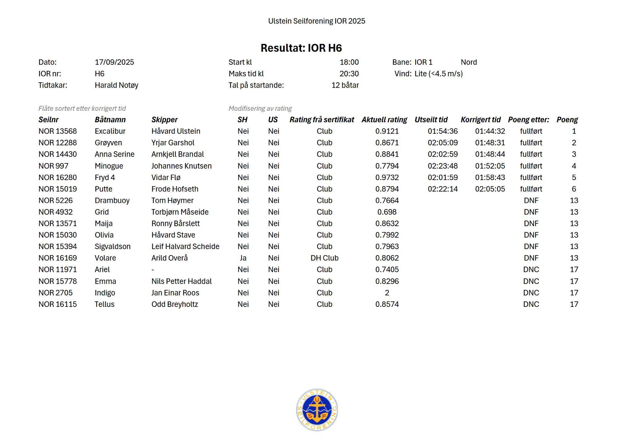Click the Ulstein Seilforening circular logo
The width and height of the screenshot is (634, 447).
click(317, 410)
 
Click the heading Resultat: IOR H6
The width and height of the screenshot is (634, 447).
click(301, 48)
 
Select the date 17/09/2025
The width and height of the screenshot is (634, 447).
click(114, 62)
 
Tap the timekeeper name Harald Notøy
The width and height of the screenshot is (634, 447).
click(116, 85)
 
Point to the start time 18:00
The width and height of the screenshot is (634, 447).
click(349, 62)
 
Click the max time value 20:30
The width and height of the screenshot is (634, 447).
click(349, 74)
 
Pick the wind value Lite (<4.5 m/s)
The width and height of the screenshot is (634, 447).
click(438, 74)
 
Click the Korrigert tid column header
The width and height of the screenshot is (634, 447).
click(480, 120)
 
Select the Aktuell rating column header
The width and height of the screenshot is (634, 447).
click(384, 120)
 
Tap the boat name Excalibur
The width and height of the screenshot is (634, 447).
click(110, 131)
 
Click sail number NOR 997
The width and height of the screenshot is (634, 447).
click(53, 166)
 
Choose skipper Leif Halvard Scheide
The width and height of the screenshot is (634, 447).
click(185, 247)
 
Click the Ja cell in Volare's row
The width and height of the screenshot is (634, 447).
click(243, 258)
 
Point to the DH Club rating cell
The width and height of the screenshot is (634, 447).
click(324, 258)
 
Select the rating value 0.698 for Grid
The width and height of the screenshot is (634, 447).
click(387, 212)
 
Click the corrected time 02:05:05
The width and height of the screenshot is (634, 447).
click(490, 189)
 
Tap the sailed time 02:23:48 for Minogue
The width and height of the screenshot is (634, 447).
click(442, 166)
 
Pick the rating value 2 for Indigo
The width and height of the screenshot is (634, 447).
click(387, 293)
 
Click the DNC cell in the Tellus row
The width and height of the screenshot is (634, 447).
click(531, 304)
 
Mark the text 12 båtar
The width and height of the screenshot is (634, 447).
click(345, 85)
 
